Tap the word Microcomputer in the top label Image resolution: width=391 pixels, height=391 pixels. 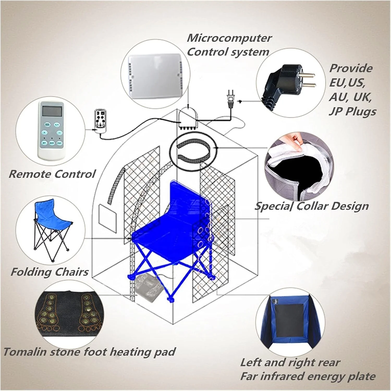point(229,38)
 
